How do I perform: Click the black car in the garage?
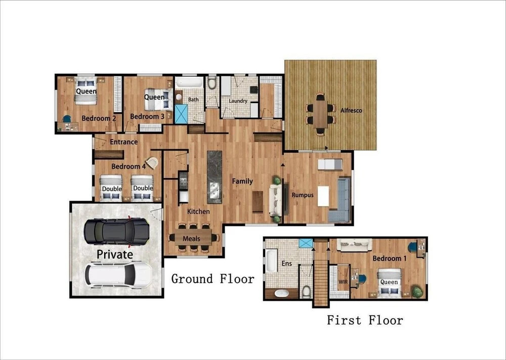coord(116,231)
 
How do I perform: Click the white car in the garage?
coord(118,275)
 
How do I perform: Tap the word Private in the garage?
coord(115,254)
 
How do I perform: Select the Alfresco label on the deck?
coord(352,110)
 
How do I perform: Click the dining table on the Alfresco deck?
coord(320,114)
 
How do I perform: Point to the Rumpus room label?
coord(303,195)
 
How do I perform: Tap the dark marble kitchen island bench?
coord(215,177)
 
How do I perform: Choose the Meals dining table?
coord(193,238)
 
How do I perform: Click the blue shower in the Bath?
coord(181,114)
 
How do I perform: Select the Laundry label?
coord(238,101)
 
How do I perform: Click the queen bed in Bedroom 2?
coord(86,91)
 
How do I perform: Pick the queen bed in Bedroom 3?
coord(156,100)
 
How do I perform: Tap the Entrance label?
coord(123,142)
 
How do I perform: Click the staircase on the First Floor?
coord(321,275)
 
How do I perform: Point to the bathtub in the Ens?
coord(271,260)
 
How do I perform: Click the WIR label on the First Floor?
coord(343,282)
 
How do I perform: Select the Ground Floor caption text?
coord(213,279)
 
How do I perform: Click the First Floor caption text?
coord(365,321)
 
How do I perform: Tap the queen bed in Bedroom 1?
coord(390,283)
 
